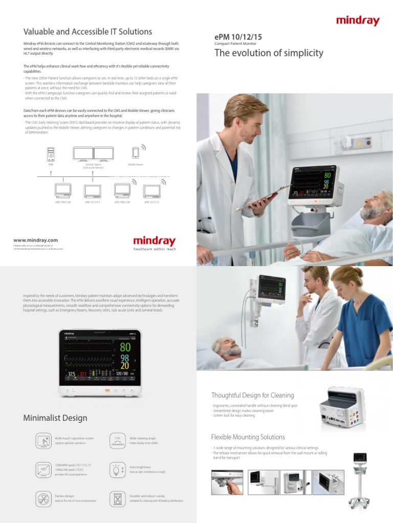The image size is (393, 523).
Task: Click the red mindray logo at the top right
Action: point(358,21)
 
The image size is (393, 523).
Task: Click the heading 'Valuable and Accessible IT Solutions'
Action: point(88,32)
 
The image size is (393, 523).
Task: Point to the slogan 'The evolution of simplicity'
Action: point(269,53)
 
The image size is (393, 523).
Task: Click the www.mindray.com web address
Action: point(35,240)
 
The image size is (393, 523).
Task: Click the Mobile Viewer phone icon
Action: point(136,153)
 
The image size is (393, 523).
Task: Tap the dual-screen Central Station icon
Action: point(93,154)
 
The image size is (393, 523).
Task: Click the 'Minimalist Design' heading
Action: point(55,418)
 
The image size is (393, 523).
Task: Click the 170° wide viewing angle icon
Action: point(118,441)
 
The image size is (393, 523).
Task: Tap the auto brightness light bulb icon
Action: point(118,469)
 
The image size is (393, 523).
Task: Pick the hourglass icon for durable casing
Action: point(118,498)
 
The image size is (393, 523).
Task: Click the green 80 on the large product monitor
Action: point(125,347)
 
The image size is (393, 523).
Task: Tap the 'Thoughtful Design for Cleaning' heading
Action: point(252,395)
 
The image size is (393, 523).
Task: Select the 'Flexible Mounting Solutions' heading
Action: point(248,437)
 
